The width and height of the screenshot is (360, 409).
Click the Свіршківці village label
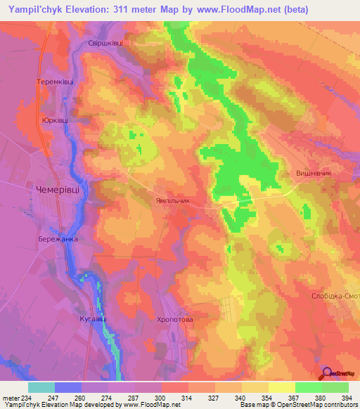(x=105, y=43)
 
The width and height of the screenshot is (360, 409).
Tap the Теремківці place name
(x=56, y=82)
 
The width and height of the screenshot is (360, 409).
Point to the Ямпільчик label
(x=172, y=200)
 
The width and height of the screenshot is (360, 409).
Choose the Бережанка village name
(x=58, y=239)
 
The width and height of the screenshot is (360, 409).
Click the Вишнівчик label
(x=315, y=172)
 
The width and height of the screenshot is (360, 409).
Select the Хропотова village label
(x=174, y=318)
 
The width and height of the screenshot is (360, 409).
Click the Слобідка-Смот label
(x=335, y=297)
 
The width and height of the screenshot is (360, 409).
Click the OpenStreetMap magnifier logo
(x=326, y=374)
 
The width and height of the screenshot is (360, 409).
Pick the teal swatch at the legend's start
(x=41, y=387)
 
